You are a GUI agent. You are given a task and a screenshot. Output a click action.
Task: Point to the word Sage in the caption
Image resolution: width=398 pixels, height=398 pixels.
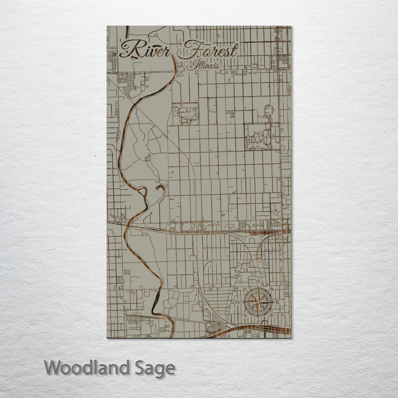155,368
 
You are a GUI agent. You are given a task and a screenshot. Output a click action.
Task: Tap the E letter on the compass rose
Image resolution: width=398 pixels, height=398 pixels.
278,303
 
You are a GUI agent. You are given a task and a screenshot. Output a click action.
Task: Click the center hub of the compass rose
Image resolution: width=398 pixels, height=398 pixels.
258,303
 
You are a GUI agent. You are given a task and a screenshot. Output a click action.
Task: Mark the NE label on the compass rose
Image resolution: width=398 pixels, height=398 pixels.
272,289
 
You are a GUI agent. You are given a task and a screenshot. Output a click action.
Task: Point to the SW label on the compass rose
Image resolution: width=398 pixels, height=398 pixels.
245,316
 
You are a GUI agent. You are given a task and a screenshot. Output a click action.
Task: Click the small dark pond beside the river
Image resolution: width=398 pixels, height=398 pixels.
159,188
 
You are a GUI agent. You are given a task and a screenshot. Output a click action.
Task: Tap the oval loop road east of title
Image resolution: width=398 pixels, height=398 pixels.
269,110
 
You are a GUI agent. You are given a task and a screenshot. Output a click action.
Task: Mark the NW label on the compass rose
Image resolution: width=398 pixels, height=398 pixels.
245,289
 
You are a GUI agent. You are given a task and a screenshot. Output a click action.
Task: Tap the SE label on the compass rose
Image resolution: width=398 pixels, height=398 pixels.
272,316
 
